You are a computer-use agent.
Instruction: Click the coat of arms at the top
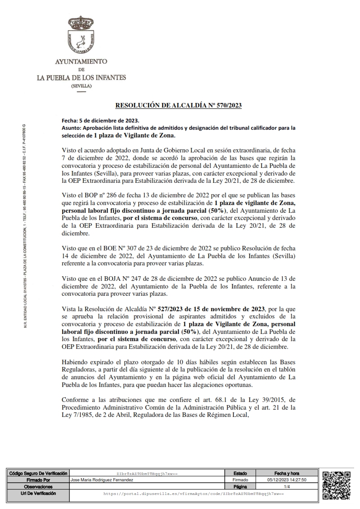click(x=81, y=36)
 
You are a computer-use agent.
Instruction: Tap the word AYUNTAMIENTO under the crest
click(x=81, y=61)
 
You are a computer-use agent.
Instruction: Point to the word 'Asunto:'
click(x=70, y=128)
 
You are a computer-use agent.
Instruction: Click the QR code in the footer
click(x=336, y=485)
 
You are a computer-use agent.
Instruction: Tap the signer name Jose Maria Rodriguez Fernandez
click(x=103, y=480)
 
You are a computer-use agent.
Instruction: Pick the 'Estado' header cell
click(x=240, y=473)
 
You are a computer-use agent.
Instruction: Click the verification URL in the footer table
click(x=193, y=493)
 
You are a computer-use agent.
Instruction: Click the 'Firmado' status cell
click(x=240, y=480)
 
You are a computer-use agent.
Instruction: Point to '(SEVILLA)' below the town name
click(x=81, y=86)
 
